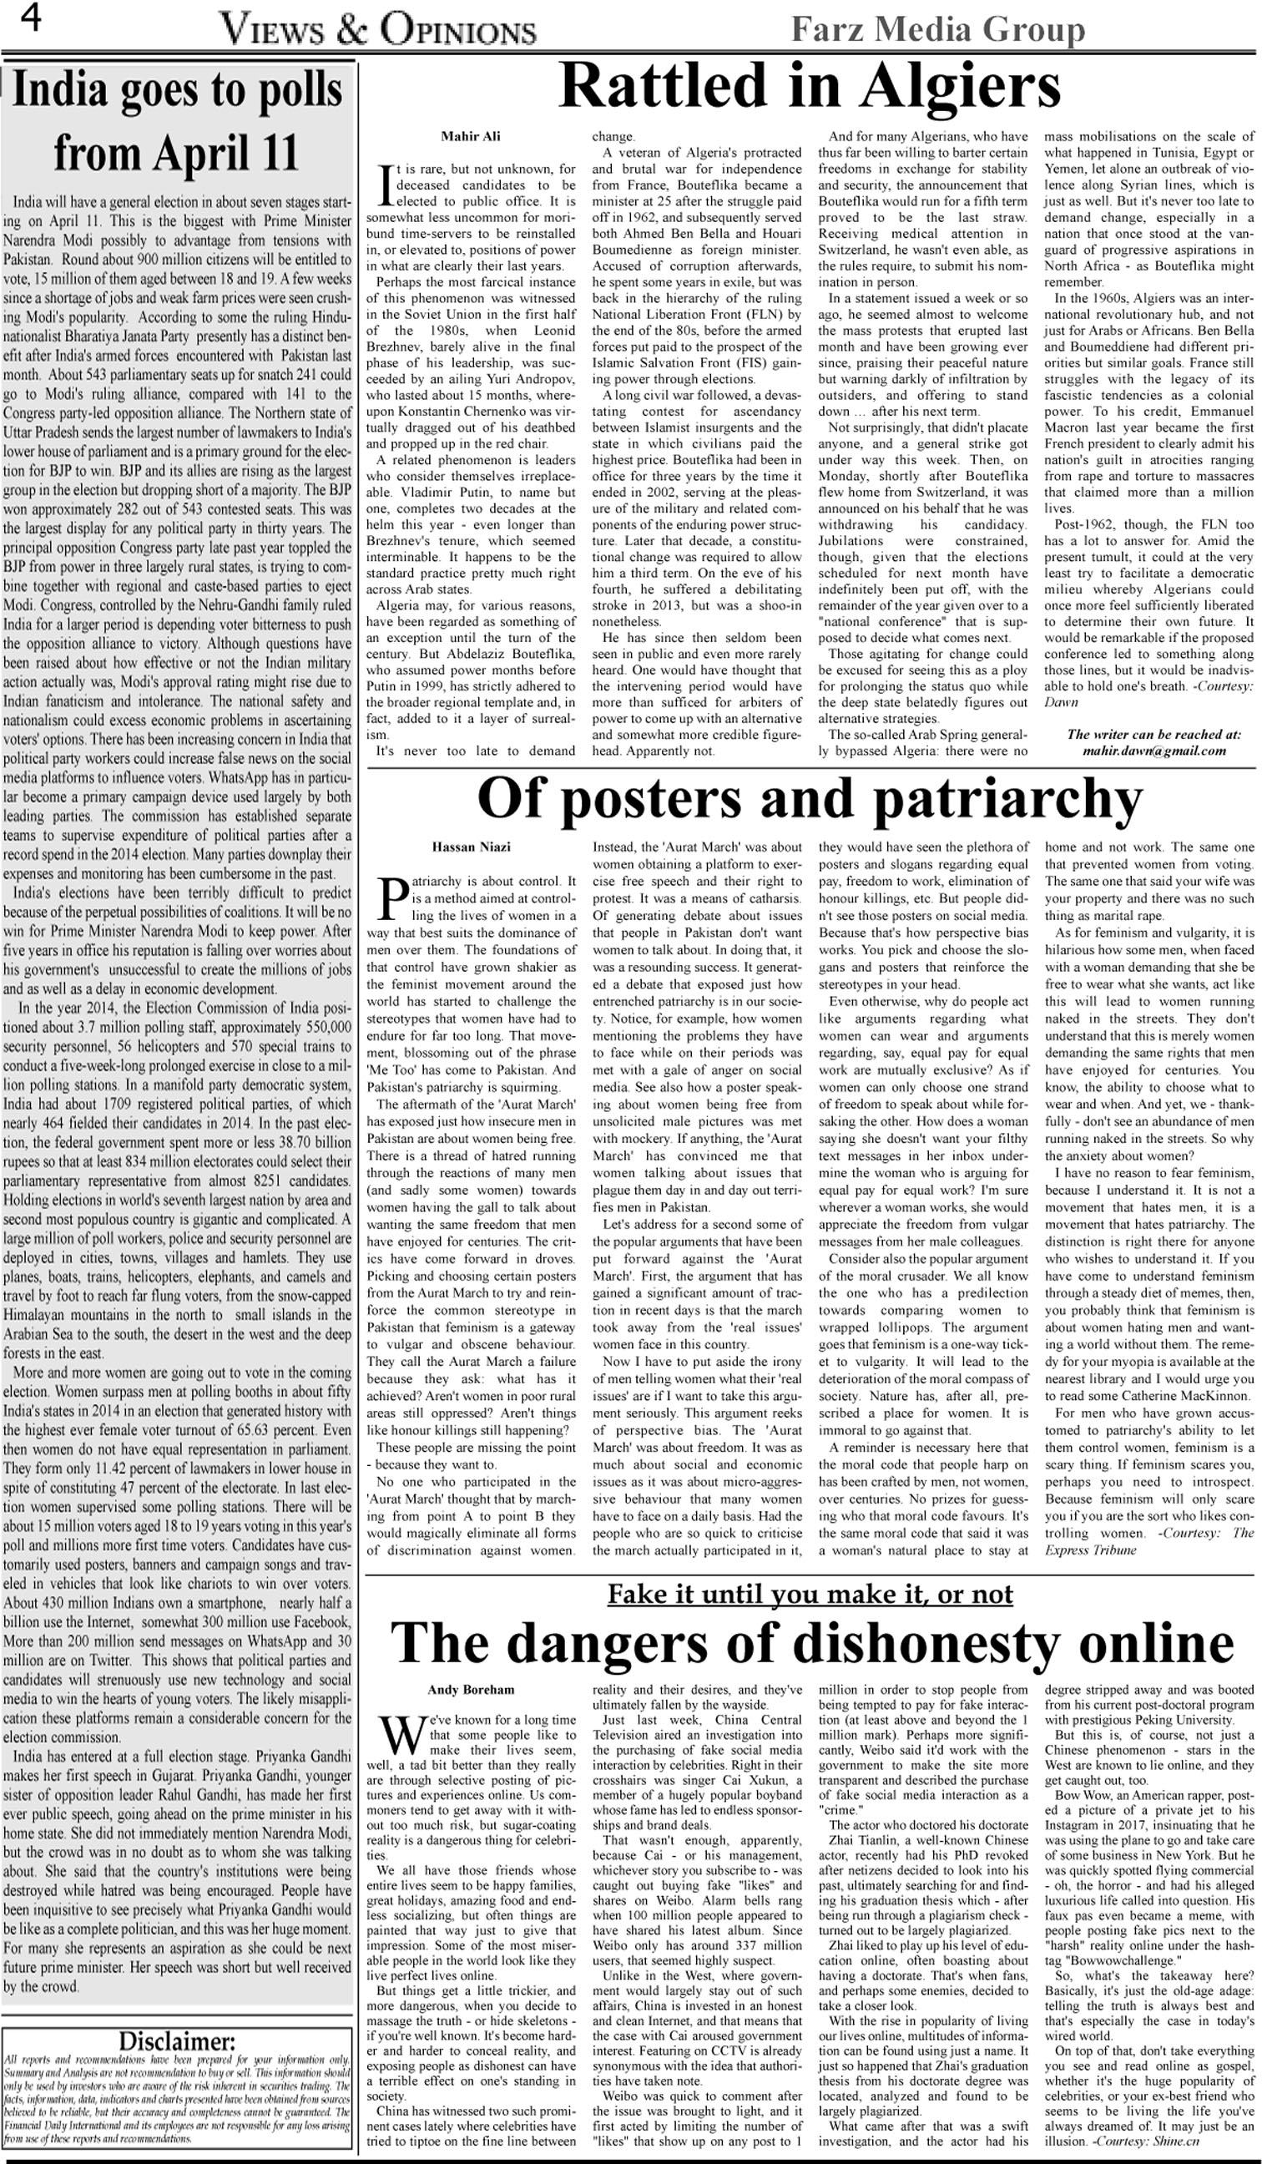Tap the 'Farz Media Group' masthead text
pyautogui.click(x=937, y=30)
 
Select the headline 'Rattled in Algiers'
pyautogui.click(x=810, y=87)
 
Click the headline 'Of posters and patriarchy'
pyautogui.click(x=810, y=798)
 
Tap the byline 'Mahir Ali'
pyautogui.click(x=471, y=137)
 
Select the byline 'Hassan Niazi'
pyautogui.click(x=471, y=847)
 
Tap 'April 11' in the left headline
pyautogui.click(x=239, y=153)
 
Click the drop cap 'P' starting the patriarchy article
pyautogui.click(x=388, y=897)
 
